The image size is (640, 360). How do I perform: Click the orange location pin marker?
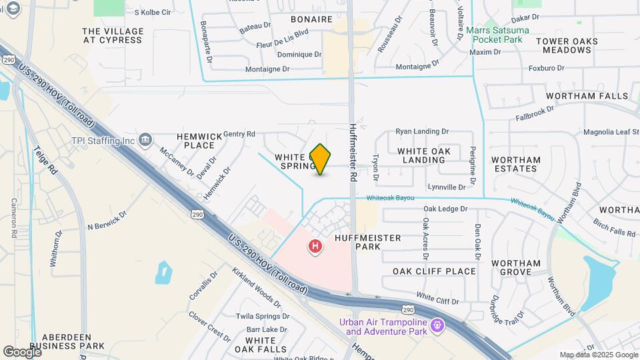click(x=321, y=159)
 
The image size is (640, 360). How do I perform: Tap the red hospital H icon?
click(x=315, y=247)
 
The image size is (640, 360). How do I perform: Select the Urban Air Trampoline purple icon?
click(x=437, y=326)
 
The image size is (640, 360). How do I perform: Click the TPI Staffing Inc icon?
click(x=146, y=140)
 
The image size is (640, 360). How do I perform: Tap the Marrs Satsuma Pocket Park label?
click(x=497, y=35)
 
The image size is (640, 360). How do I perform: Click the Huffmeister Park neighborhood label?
click(x=358, y=242)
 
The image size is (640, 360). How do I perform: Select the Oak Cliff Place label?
click(x=434, y=271)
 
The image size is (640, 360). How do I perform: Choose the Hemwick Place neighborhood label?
click(x=199, y=141)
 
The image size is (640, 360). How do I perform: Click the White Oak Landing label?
click(x=429, y=155)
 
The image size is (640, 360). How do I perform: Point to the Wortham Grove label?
click(x=516, y=267)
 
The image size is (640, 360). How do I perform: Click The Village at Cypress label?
click(x=113, y=35)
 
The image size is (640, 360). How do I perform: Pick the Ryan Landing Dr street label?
click(x=422, y=132)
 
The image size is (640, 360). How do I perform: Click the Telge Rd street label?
click(x=48, y=161)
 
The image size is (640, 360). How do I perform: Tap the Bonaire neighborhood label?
click(x=312, y=19)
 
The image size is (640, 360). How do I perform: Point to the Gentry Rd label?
click(x=239, y=134)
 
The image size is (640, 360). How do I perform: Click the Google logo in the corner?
click(x=21, y=351)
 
